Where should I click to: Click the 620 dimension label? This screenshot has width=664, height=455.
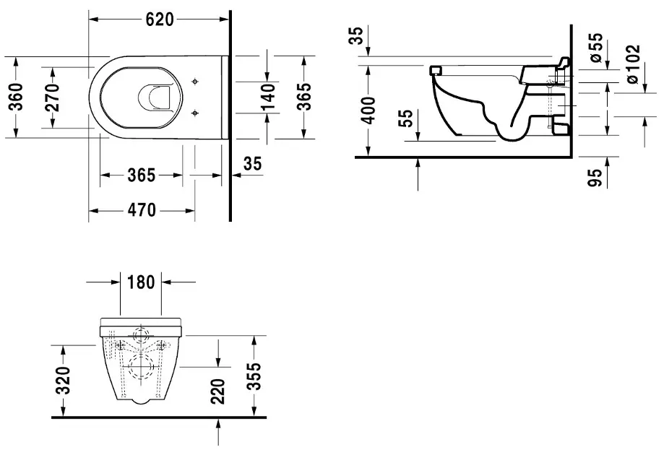[x=160, y=19]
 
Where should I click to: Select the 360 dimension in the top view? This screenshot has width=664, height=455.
[x=16, y=97]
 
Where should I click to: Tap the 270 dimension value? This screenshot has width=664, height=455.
[x=52, y=97]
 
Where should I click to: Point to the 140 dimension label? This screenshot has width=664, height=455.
[x=268, y=97]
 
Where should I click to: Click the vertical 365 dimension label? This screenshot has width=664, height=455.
[x=303, y=97]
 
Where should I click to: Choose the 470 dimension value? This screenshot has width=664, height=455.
[x=142, y=210]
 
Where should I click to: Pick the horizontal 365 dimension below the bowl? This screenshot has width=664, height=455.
[x=142, y=175]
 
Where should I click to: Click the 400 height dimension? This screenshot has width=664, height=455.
[x=368, y=110]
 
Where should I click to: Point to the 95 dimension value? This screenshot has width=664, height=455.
[x=595, y=178]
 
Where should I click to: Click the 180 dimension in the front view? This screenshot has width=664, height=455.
[x=141, y=282]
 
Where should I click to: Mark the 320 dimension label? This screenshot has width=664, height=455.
[x=64, y=380]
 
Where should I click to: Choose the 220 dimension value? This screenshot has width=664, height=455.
[x=217, y=391]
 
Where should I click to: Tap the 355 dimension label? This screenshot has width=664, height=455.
[x=254, y=377]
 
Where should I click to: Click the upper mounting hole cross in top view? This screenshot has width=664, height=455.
[x=195, y=81]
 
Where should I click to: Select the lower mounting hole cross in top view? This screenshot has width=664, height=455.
[x=195, y=113]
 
